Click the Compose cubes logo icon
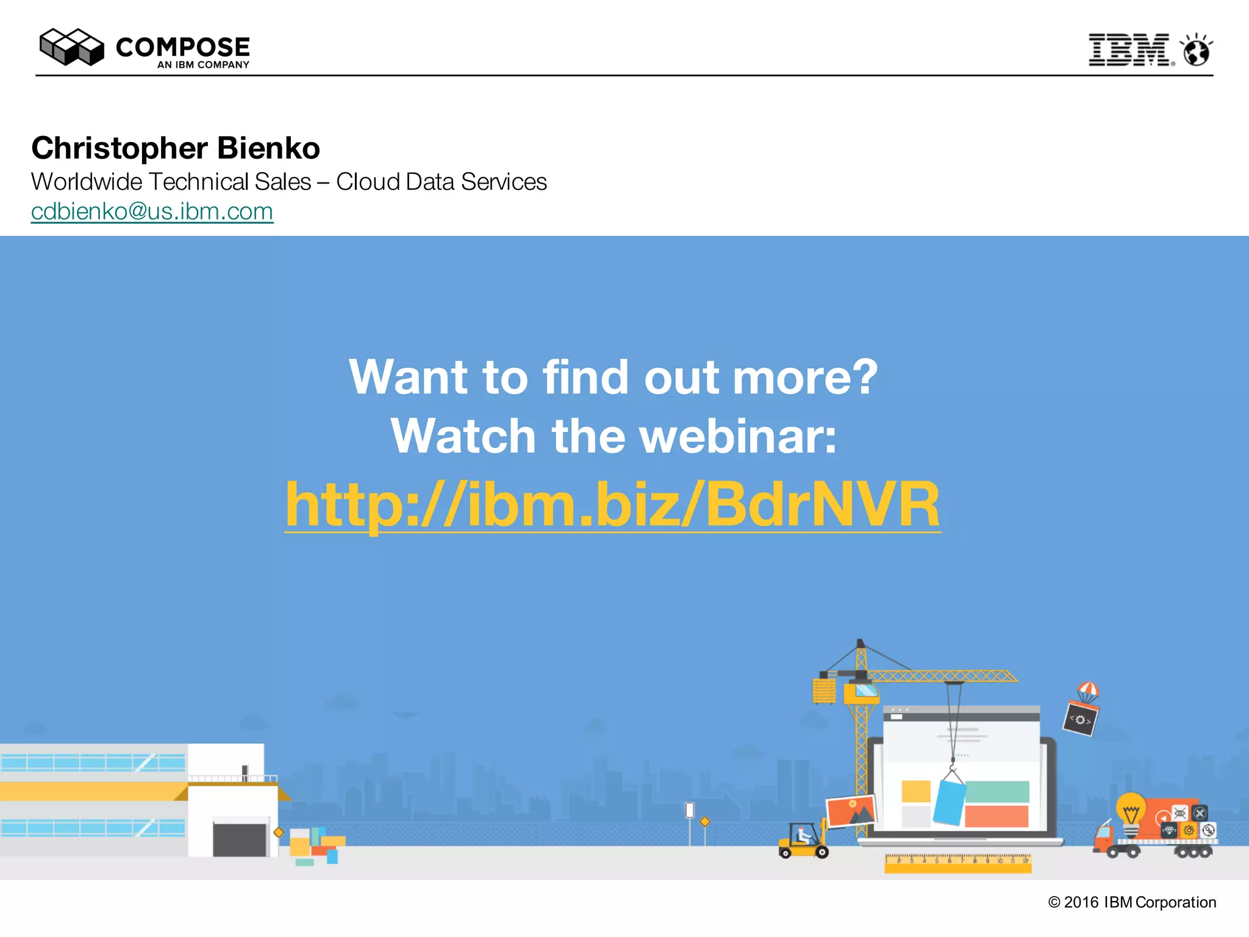pos(71,47)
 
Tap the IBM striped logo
pos(1129,50)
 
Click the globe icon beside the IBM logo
pos(1197,51)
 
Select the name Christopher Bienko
pos(176,148)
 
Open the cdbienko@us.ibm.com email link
pos(152,212)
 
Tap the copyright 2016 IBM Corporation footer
pos(1132,902)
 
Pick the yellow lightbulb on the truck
pos(1131,810)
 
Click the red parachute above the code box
pos(1088,691)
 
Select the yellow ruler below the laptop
pos(957,863)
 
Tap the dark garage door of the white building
pos(240,839)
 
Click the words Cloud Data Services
pos(442,182)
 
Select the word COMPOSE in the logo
pos(183,48)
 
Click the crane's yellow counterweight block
pos(824,692)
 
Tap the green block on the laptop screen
pos(997,792)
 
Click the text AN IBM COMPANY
pos(203,65)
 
